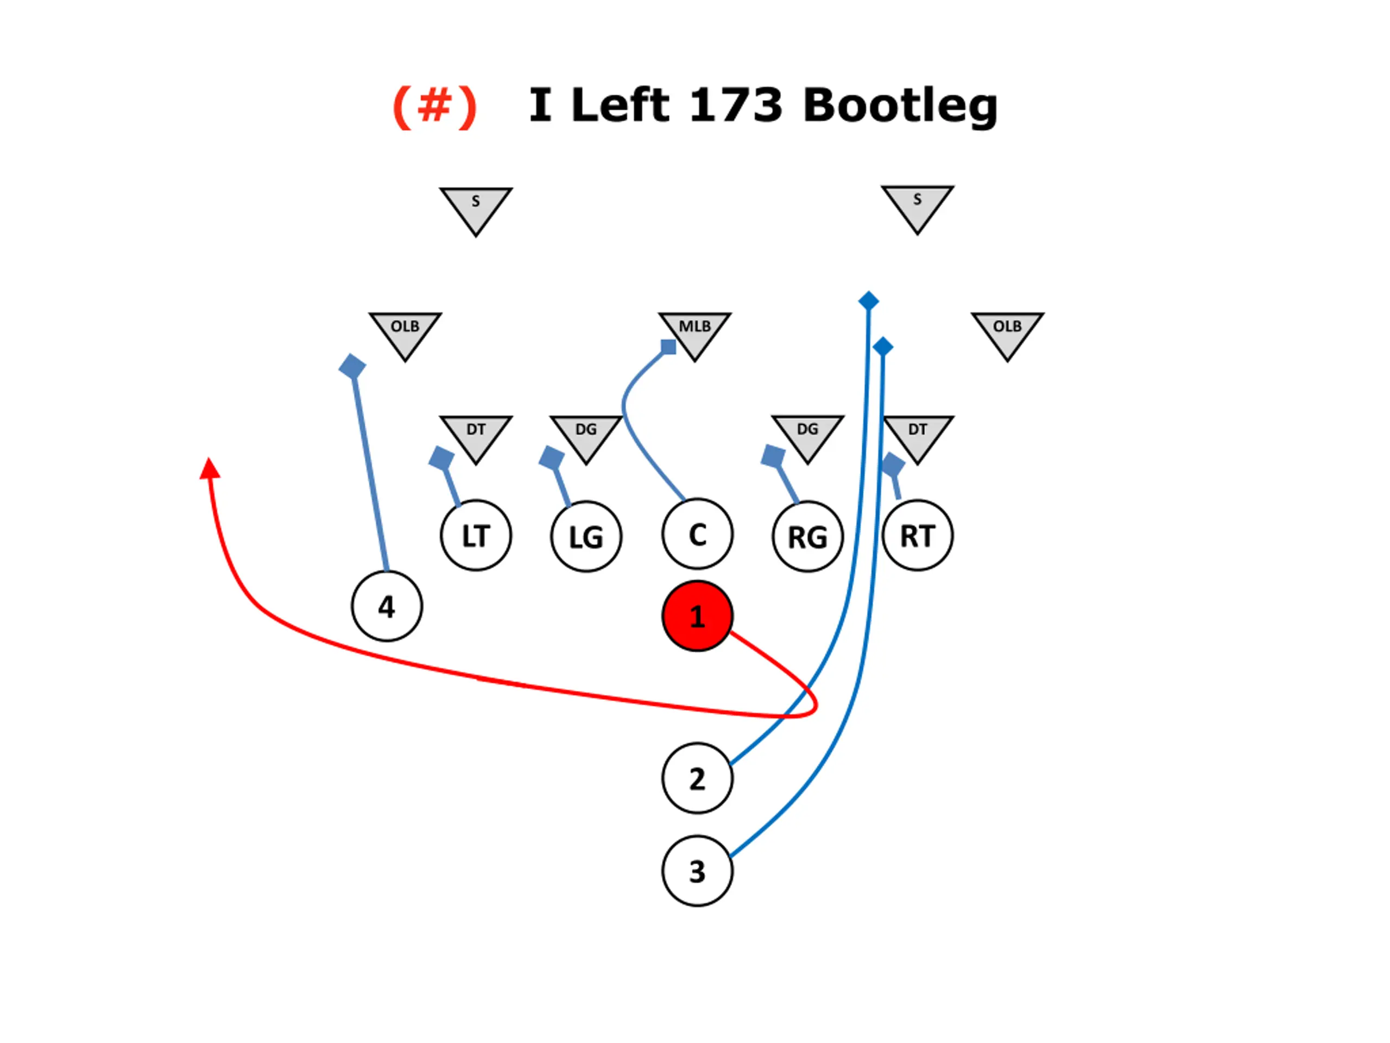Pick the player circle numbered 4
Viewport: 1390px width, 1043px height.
[x=387, y=606]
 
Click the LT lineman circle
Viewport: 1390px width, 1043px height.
[x=476, y=536]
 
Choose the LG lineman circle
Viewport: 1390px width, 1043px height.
[x=586, y=537]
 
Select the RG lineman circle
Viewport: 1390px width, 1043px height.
[x=807, y=537]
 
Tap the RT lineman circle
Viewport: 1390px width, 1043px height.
[x=918, y=536]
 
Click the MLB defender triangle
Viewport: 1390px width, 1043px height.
[x=694, y=331]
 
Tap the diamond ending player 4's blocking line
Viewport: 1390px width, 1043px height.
[x=352, y=367]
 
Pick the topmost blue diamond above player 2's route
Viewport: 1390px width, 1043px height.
[x=868, y=301]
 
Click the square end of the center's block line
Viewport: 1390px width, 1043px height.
[x=668, y=347]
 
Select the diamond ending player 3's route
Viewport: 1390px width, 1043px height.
[x=883, y=347]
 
